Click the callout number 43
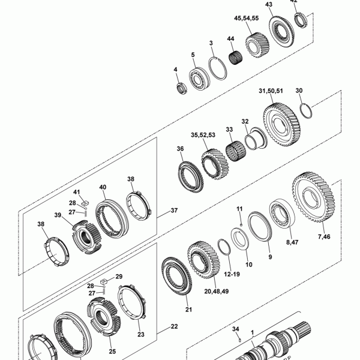(x=268, y=4)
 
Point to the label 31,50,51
(x=270, y=91)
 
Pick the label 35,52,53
(x=203, y=135)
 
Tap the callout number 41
(x=77, y=192)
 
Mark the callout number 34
(x=236, y=329)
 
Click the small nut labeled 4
(x=179, y=89)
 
